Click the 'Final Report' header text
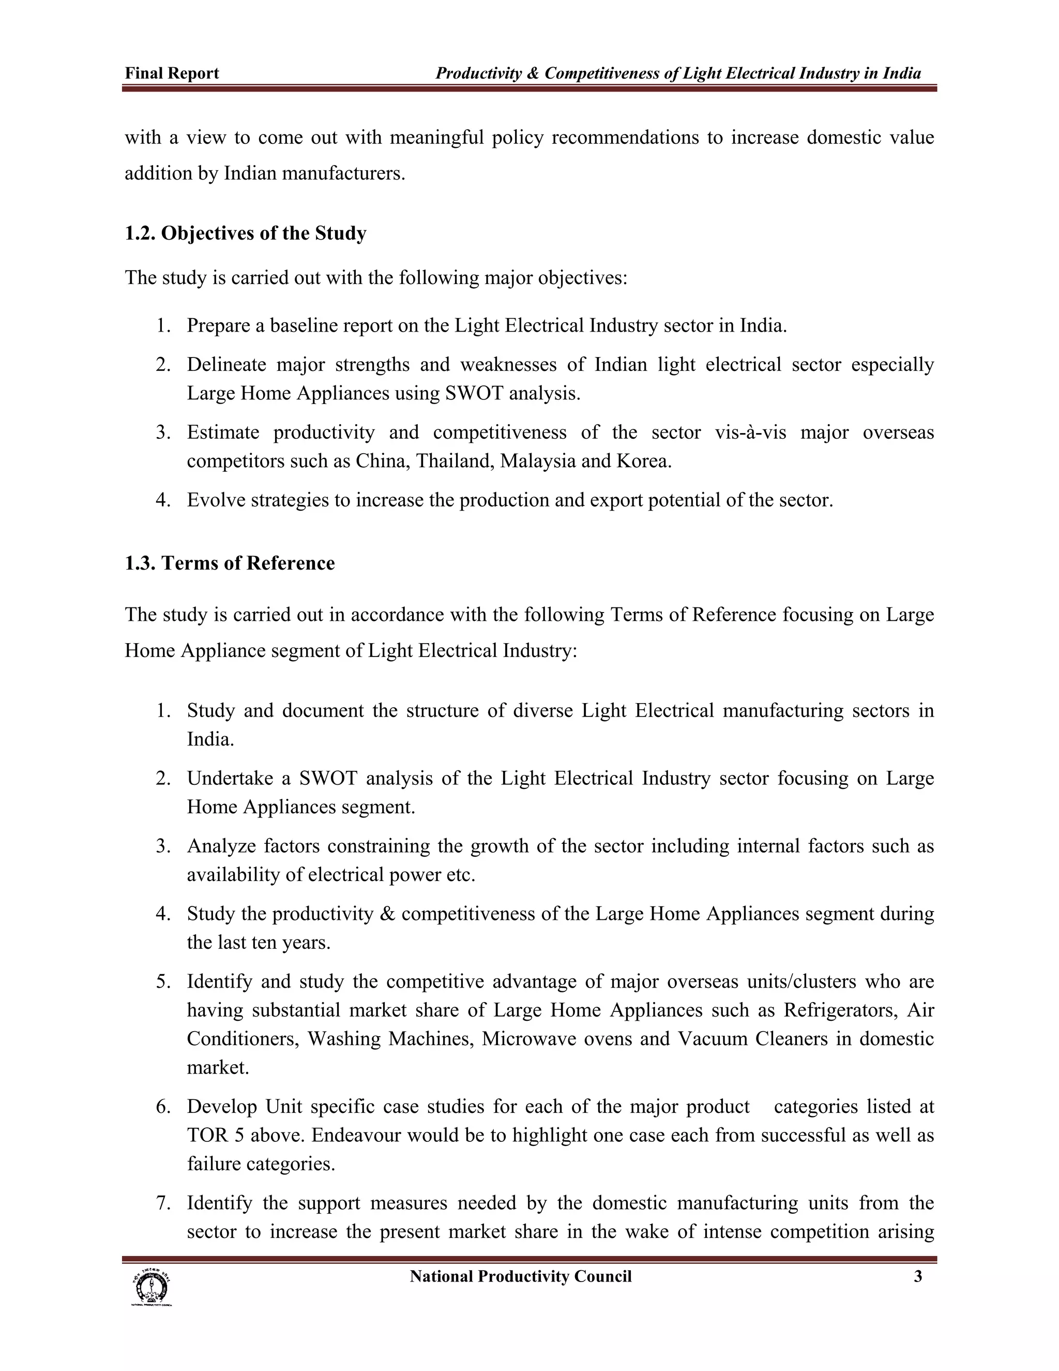[172, 73]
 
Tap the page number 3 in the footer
[918, 1276]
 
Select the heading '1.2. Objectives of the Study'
[245, 233]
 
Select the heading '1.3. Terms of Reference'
[230, 563]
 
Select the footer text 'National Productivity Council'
[520, 1276]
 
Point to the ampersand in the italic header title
[533, 73]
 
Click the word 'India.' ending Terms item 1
[210, 739]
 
